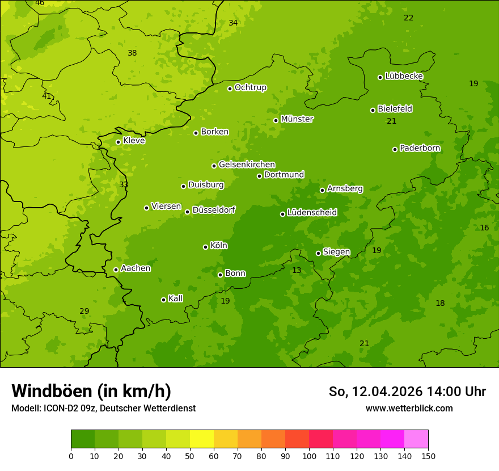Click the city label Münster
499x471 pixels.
pos(297,119)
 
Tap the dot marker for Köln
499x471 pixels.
pos(205,247)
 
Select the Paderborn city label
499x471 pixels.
pos(420,148)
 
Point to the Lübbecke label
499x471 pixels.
pos(404,76)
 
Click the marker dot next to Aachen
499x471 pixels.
pos(116,270)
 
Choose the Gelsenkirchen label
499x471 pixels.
pos(247,165)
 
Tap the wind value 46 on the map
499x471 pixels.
pos(40,3)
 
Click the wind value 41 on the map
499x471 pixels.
pos(46,96)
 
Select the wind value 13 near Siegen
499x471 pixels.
pos(297,271)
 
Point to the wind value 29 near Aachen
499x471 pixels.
pos(84,311)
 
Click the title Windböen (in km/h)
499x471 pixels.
pos(91,391)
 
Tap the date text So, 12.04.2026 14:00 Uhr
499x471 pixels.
pos(407,392)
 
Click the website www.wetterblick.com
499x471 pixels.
pos(409,408)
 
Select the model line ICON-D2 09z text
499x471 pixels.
pos(103,408)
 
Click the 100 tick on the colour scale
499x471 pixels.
pos(309,456)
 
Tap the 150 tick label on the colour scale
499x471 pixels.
pos(428,456)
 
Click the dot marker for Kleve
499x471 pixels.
pos(118,142)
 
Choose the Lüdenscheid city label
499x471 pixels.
pos(312,213)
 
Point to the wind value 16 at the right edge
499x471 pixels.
pos(484,228)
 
